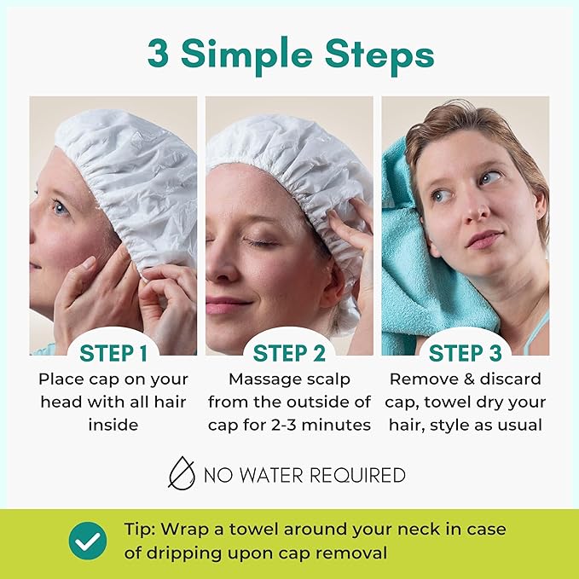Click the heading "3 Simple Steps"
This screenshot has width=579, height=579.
[x=290, y=54]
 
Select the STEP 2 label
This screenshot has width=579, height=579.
[x=289, y=353]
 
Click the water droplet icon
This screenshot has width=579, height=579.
[x=182, y=473]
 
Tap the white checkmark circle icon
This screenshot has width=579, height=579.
[x=88, y=540]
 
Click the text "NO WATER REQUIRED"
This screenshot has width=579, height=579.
[x=304, y=475]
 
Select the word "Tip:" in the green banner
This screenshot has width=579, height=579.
[x=135, y=530]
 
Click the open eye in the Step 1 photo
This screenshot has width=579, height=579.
[x=62, y=207]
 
